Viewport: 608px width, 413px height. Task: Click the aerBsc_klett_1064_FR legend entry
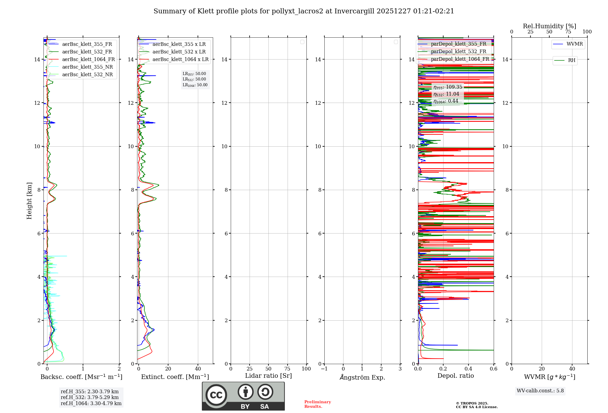click(x=88, y=60)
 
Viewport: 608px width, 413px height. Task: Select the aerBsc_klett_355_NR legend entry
click(x=87, y=67)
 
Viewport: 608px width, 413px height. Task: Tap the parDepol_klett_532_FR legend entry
click(x=458, y=52)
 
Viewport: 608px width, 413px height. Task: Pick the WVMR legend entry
click(x=575, y=44)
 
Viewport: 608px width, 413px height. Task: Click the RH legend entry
click(x=572, y=60)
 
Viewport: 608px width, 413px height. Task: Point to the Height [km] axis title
click(x=29, y=200)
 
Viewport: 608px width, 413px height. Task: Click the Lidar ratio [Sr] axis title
click(x=268, y=376)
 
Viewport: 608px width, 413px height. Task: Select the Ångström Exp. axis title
click(x=362, y=377)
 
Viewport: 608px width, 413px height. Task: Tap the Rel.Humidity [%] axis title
click(x=549, y=26)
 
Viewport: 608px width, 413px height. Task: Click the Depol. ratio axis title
click(x=455, y=376)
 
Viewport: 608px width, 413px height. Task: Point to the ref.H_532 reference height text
click(x=90, y=398)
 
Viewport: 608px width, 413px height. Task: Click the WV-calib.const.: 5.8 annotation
click(x=540, y=391)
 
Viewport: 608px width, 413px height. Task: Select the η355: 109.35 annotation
click(x=448, y=87)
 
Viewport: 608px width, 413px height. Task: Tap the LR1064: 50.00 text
click(x=195, y=85)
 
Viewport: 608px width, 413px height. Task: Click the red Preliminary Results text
click(x=317, y=404)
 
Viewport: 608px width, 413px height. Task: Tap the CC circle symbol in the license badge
click(x=216, y=395)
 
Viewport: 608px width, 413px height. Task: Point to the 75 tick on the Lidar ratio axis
click(x=287, y=369)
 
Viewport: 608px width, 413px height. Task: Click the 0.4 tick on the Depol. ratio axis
click(x=468, y=369)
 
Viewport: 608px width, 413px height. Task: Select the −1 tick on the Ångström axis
click(x=324, y=369)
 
